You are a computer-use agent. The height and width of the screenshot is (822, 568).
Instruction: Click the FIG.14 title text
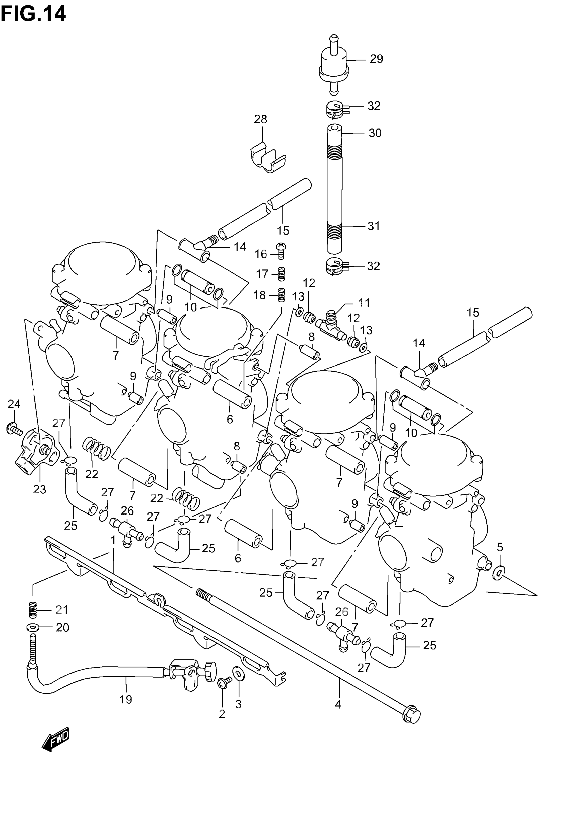tap(33, 14)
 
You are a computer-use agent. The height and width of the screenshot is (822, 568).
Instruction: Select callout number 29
tap(376, 59)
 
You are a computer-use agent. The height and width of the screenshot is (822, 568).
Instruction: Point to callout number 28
tap(261, 119)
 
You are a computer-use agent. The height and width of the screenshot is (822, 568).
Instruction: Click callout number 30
tap(375, 133)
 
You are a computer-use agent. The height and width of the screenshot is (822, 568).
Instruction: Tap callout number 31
tap(374, 226)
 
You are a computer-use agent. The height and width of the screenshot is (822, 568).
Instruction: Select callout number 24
tap(14, 404)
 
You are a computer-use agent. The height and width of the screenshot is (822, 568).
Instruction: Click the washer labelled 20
tap(33, 628)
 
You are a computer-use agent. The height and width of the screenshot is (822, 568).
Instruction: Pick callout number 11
tap(364, 303)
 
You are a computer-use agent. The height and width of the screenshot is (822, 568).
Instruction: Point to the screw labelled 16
tap(281, 250)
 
